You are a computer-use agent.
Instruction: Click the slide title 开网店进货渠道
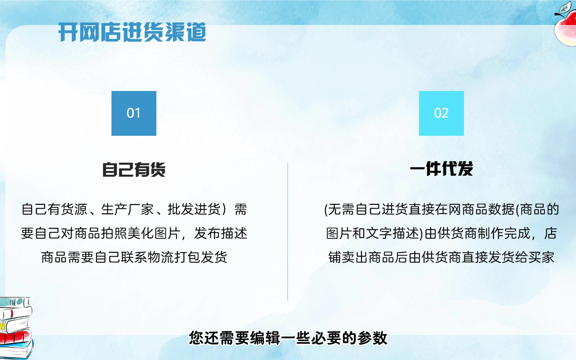click(132, 32)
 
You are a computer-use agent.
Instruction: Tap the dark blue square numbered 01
click(134, 113)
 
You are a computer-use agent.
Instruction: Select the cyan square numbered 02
click(441, 113)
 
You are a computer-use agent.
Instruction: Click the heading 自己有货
click(134, 170)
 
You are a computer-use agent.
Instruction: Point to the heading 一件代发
click(441, 169)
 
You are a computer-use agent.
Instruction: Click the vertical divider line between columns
click(288, 232)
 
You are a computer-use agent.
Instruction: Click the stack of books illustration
click(16, 328)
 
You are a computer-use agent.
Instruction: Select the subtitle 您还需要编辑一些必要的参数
click(288, 338)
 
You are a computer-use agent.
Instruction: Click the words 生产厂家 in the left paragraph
click(127, 209)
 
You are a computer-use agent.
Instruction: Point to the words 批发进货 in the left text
click(194, 209)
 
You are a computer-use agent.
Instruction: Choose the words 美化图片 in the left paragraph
click(154, 233)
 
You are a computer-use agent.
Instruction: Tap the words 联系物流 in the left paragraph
click(148, 257)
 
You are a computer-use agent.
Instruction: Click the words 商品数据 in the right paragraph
click(488, 209)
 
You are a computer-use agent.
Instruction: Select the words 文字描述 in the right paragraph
click(392, 233)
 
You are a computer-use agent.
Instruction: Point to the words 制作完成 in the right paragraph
click(504, 233)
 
